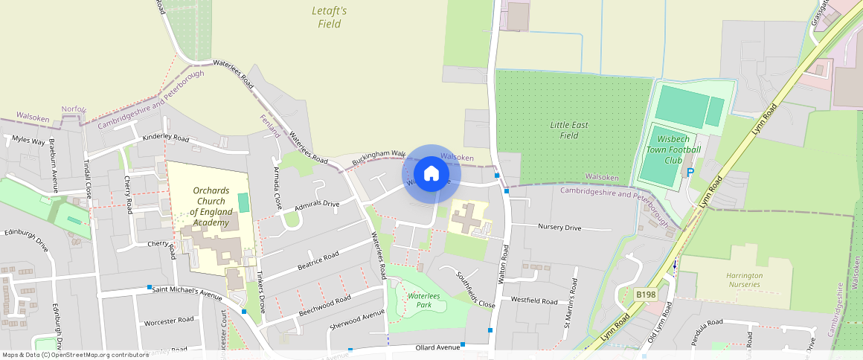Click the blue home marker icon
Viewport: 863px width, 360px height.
(431, 174)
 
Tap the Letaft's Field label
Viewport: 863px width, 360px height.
(329, 18)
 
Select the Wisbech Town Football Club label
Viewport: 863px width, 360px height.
(673, 150)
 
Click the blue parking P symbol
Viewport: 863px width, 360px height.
(690, 172)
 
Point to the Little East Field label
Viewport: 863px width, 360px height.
(569, 130)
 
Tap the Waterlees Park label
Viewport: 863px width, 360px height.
(420, 300)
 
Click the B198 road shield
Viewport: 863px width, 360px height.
(646, 295)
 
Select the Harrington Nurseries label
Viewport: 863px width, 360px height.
(744, 280)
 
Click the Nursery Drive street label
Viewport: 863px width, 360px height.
(559, 228)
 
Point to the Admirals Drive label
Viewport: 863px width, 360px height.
(317, 205)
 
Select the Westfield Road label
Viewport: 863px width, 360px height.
(534, 301)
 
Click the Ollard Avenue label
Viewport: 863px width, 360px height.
(437, 347)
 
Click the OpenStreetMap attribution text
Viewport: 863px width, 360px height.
(76, 355)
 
